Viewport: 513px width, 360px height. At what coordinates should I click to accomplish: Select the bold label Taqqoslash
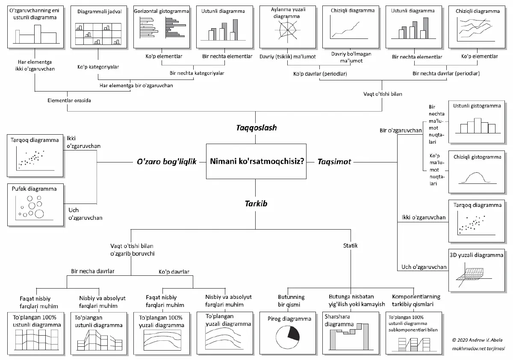click(256, 128)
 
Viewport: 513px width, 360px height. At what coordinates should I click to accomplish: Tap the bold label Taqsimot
click(334, 162)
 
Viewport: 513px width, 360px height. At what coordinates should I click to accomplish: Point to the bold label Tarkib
click(256, 204)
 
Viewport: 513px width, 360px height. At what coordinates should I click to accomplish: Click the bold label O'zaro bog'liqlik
click(166, 162)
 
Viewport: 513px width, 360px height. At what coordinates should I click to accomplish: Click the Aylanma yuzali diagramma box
click(287, 27)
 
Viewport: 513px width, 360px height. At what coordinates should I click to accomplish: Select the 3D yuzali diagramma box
click(476, 270)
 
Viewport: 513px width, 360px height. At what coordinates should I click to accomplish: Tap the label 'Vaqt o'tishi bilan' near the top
click(383, 94)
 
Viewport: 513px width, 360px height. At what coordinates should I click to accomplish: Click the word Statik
click(351, 246)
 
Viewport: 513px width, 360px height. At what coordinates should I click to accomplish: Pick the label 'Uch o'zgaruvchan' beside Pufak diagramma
click(85, 214)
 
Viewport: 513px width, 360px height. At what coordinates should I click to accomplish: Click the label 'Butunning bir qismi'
click(291, 301)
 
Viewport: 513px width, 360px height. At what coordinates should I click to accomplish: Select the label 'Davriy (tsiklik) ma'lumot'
click(287, 56)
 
